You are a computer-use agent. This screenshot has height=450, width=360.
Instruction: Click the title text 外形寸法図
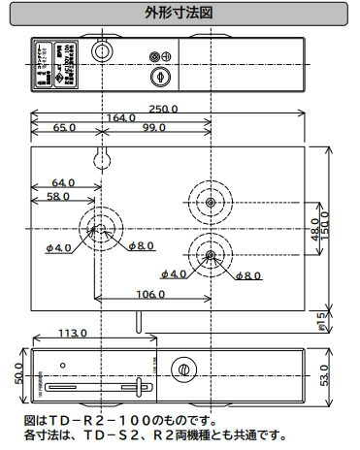179,15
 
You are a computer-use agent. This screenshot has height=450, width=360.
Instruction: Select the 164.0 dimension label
122,118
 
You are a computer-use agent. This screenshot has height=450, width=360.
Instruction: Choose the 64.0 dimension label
63,182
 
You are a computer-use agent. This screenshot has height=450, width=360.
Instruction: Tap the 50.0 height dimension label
18,373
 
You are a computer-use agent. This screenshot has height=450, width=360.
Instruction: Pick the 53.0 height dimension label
339,373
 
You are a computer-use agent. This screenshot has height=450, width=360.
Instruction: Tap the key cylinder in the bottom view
181,370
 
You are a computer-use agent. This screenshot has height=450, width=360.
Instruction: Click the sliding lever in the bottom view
143,387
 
